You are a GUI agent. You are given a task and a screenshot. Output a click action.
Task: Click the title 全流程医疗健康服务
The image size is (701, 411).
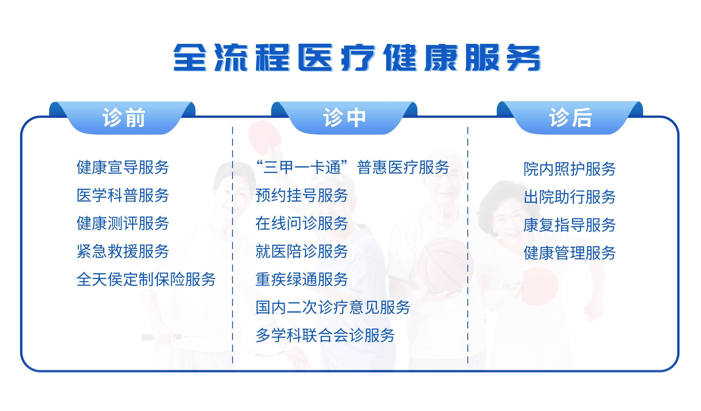tap(357, 58)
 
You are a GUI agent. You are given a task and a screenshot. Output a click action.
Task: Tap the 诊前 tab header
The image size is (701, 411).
tap(124, 118)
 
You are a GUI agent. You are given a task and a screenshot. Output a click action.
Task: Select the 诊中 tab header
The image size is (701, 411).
tap(344, 118)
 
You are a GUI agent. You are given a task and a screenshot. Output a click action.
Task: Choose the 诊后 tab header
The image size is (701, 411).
tap(570, 118)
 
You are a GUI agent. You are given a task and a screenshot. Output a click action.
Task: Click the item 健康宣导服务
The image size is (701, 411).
tap(123, 167)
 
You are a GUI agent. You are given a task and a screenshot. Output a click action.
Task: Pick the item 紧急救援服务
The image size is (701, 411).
tap(123, 252)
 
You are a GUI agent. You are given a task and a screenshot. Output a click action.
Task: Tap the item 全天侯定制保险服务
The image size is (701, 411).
tap(146, 279)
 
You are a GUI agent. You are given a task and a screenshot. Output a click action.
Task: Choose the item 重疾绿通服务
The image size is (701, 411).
tap(302, 279)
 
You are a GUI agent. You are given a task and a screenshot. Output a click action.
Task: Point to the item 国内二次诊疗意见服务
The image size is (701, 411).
tap(333, 307)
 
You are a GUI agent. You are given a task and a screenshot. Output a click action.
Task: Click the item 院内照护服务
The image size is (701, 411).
tap(569, 169)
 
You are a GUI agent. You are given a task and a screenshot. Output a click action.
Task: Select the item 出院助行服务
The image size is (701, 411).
tap(569, 197)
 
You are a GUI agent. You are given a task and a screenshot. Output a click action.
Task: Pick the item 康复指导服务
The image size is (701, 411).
tap(569, 225)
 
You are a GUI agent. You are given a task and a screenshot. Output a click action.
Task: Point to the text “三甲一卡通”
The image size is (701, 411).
tap(302, 167)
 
